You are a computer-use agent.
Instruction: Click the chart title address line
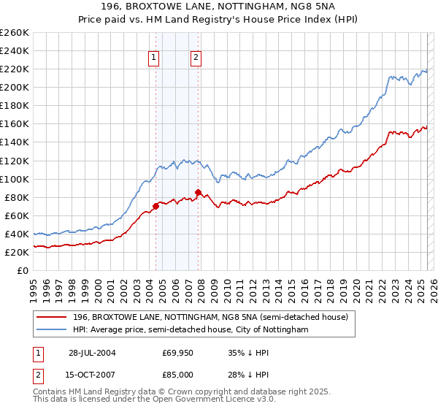point(219,7)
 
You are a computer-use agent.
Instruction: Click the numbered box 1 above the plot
point(155,58)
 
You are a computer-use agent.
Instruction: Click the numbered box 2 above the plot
point(197,58)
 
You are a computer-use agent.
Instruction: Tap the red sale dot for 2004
point(155,206)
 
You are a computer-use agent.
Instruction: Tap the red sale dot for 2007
point(198,192)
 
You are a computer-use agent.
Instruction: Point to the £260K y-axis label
point(14,33)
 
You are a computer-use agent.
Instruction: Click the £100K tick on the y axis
point(14,179)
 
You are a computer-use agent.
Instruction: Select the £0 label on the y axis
point(23,270)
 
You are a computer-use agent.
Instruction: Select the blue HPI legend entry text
point(191,330)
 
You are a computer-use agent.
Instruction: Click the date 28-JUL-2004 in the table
point(92,353)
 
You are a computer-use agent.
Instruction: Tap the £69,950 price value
point(178,353)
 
